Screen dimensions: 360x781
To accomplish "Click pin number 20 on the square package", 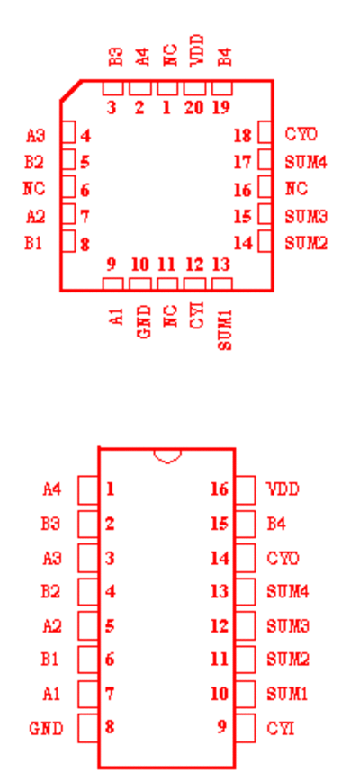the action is (193, 107).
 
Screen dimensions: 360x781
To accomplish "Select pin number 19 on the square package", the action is (221, 107).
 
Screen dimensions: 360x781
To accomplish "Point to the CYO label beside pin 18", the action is (301, 134).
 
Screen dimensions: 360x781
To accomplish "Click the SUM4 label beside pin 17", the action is (306, 162).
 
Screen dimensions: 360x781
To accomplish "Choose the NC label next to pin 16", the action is (296, 189).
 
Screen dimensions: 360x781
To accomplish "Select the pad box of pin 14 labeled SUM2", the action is (265, 242).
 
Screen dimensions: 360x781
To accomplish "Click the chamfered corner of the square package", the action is (71, 91).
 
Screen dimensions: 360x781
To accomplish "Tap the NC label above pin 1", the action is (170, 55).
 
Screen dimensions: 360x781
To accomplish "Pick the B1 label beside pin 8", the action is (33, 244).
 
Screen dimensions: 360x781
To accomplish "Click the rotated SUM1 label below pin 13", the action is (225, 329).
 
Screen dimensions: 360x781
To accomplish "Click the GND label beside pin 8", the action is (46, 729).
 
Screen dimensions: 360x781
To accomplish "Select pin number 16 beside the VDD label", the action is (220, 489).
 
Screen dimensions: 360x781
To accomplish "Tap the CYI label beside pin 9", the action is (281, 729).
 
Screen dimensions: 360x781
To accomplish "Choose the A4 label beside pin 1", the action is (52, 489).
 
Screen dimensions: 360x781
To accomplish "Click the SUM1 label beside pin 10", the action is (287, 694).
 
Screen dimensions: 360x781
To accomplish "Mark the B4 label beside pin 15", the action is (276, 524).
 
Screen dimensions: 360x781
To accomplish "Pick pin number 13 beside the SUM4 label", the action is (220, 592).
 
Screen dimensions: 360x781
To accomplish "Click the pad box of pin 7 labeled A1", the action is (88, 694).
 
